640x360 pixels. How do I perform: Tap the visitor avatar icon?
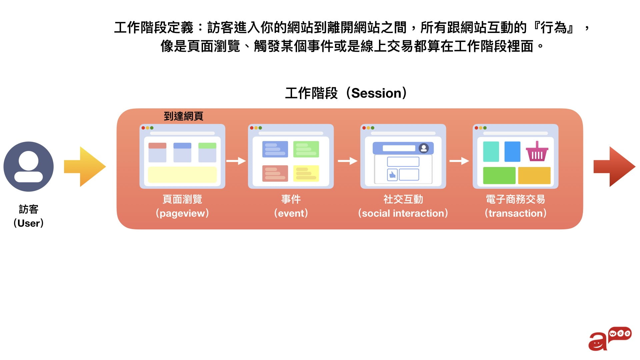(x=29, y=166)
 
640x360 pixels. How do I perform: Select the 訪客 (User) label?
(x=29, y=216)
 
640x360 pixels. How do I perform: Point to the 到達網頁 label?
(x=183, y=116)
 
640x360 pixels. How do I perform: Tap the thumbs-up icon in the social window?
(x=392, y=175)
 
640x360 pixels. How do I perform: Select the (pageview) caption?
(x=182, y=213)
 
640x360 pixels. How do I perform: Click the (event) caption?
(x=291, y=213)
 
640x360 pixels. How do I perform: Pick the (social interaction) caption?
(x=403, y=213)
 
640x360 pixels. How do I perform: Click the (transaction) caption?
(x=515, y=213)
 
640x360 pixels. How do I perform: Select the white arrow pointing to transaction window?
(x=459, y=161)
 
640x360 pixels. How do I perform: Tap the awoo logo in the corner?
(x=610, y=338)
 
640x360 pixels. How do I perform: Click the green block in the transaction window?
(x=499, y=175)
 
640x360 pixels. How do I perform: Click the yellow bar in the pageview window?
(x=182, y=175)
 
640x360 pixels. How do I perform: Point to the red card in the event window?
(x=275, y=173)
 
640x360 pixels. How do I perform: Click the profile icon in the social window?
(x=424, y=148)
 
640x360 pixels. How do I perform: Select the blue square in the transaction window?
(x=512, y=152)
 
